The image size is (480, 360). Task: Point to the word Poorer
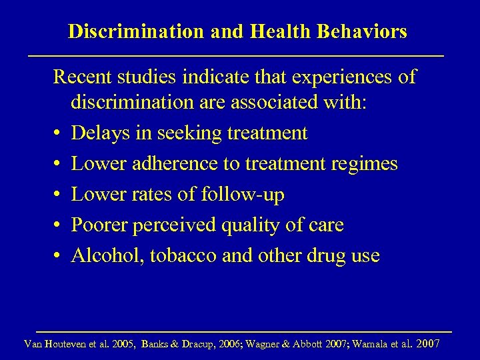click(x=100, y=225)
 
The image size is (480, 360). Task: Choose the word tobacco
click(x=179, y=255)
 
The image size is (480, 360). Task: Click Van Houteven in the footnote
click(x=52, y=345)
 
